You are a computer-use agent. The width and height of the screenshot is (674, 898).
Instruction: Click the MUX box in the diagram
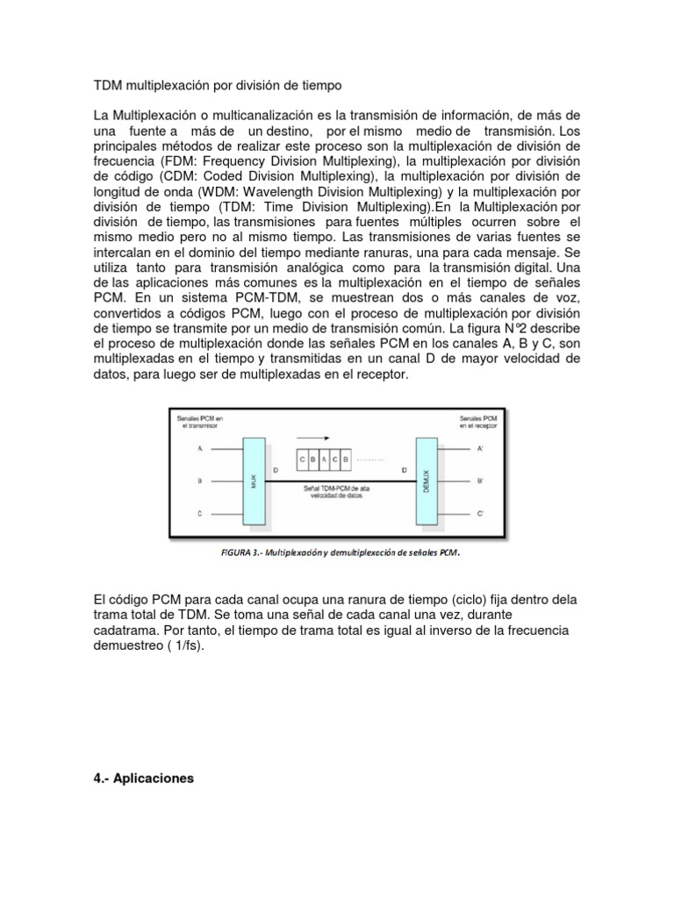(254, 481)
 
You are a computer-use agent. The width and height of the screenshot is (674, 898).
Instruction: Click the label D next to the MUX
(275, 471)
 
